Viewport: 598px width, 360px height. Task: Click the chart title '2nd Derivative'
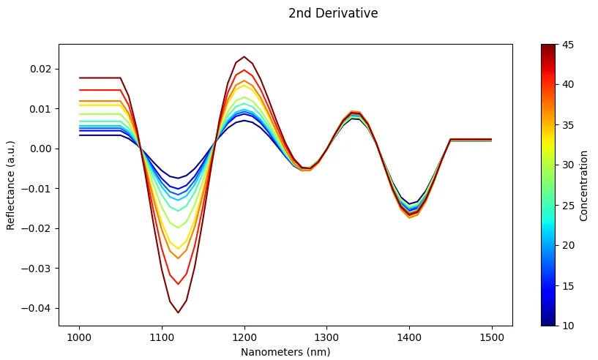333,13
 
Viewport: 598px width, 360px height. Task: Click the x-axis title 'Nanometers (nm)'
285,352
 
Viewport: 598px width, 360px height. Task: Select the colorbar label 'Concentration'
583,185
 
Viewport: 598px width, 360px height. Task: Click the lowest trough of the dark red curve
178,312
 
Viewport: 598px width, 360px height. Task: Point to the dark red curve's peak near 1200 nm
244,57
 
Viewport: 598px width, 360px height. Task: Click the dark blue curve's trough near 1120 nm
178,178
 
